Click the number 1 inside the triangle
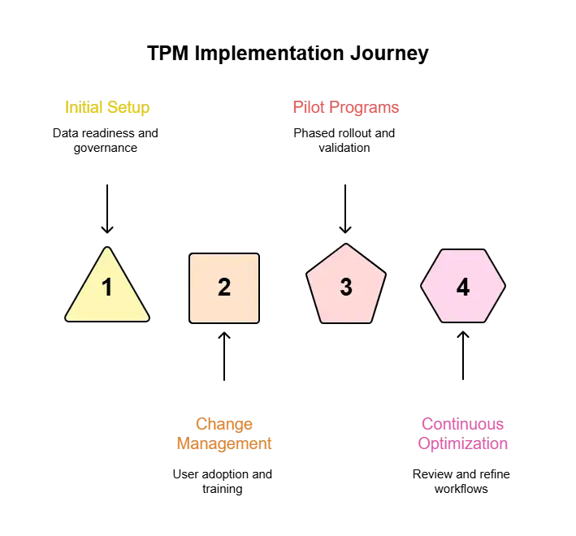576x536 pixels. [x=106, y=287]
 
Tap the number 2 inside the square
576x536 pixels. [x=224, y=287]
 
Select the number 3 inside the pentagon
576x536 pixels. [x=346, y=287]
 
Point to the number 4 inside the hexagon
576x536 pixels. [x=463, y=287]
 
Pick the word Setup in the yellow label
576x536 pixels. [x=129, y=107]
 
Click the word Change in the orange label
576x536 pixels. [x=224, y=425]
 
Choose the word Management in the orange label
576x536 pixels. [x=224, y=445]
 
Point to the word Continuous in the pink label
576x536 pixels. [x=463, y=425]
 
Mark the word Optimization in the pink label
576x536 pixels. [x=463, y=445]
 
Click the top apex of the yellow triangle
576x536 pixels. [x=106, y=247]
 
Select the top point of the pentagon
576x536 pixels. [x=346, y=244]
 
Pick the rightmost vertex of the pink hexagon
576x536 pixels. [x=505, y=286]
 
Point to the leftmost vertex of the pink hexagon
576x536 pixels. [x=421, y=286]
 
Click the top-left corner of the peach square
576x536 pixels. [x=191, y=255]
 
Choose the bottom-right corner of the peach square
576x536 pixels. [x=258, y=322]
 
